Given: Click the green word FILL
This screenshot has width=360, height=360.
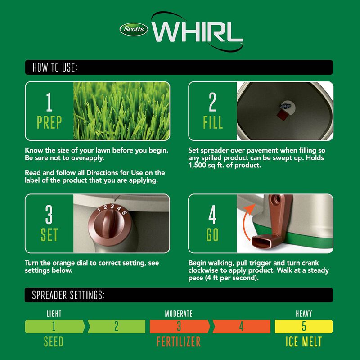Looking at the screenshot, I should tap(212, 122).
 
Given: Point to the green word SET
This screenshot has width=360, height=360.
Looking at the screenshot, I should tap(49, 235).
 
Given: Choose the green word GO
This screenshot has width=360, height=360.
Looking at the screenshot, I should tap(212, 235).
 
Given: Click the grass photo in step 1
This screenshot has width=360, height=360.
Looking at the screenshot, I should tap(121, 111).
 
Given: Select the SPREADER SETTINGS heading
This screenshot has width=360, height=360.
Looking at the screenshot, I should tap(68, 295).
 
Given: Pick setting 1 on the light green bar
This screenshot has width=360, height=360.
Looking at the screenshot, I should tap(54, 326).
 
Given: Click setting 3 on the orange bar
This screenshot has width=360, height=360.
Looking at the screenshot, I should tap(179, 326).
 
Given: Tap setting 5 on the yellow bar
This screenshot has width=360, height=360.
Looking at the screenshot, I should tap(304, 326).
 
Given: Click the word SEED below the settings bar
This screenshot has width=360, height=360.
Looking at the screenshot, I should tap(54, 342).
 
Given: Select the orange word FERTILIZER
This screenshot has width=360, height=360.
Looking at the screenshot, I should tap(179, 342).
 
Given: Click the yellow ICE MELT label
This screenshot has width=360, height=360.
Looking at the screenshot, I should tap(304, 342).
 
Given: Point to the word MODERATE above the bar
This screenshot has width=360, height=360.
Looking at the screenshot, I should tap(179, 314).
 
